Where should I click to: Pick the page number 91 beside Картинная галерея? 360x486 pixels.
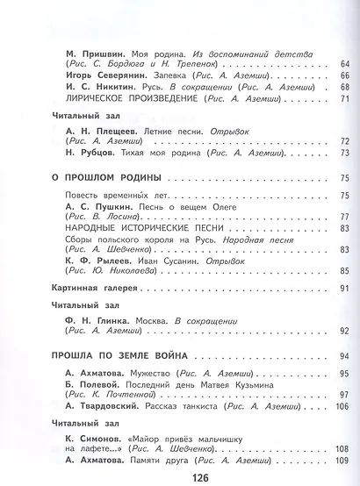[343, 289]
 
